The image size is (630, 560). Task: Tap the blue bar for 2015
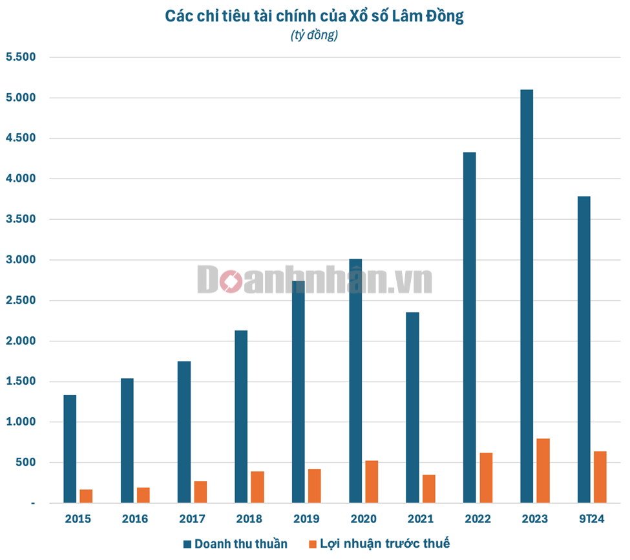click(70, 449)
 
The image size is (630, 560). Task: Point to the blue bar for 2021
click(412, 407)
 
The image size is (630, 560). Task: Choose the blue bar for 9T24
click(583, 349)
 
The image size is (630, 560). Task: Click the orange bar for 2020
click(371, 482)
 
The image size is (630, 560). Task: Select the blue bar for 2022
click(469, 327)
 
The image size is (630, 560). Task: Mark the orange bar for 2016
click(143, 495)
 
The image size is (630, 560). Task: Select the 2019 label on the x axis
click(306, 519)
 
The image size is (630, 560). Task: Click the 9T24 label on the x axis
click(591, 519)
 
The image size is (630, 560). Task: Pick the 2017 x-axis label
click(192, 519)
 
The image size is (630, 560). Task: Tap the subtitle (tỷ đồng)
click(314, 36)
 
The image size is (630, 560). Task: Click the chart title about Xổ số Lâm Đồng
click(315, 16)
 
